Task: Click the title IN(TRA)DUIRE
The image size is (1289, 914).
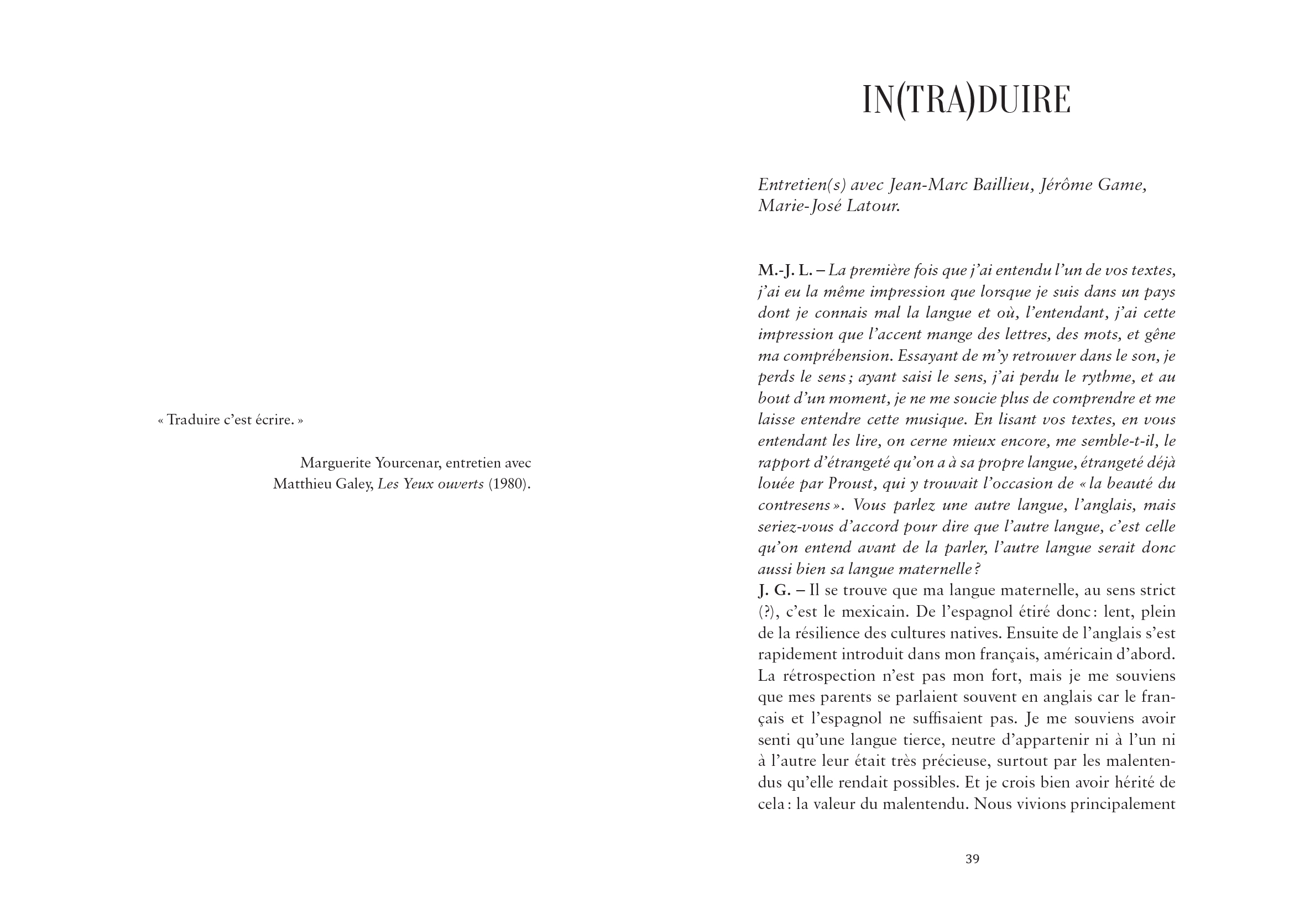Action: point(966,101)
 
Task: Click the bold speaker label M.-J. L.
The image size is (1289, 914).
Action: point(785,271)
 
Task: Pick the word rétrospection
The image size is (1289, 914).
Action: point(833,675)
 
